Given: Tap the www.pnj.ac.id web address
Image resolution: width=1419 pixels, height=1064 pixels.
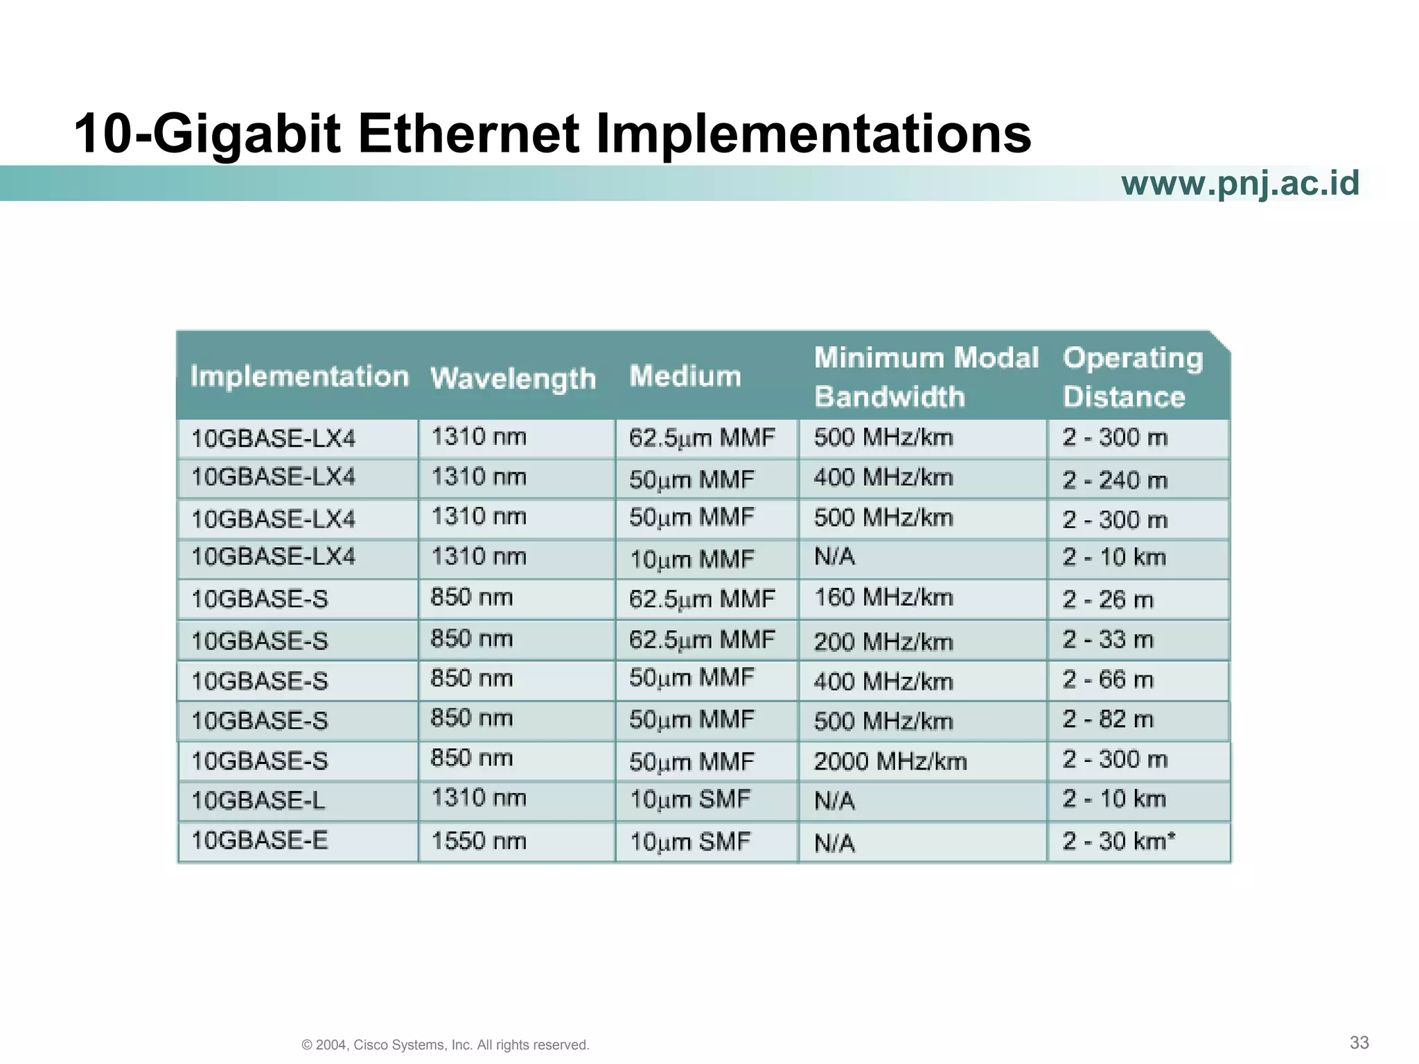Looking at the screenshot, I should [1240, 184].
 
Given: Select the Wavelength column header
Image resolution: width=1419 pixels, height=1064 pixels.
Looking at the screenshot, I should [513, 379].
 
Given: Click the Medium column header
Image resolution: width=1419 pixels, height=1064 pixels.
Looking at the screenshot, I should [685, 376].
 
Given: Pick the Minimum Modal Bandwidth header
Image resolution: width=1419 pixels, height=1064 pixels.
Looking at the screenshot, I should [926, 377].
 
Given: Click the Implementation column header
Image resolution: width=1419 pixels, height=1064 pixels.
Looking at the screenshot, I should [299, 376].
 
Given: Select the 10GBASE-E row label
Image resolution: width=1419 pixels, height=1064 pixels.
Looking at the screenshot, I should [259, 840].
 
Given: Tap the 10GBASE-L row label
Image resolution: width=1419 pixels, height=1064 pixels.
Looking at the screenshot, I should [258, 801].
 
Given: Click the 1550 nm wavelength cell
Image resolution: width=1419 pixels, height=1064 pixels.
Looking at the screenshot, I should [479, 841].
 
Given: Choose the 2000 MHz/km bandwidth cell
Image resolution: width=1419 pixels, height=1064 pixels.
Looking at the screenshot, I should [890, 761].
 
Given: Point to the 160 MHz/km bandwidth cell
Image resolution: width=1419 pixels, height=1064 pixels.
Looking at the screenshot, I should [883, 597].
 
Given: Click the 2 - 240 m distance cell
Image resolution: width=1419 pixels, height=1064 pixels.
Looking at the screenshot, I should [1115, 479].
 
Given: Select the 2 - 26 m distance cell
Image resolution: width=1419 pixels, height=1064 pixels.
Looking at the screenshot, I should [1107, 599].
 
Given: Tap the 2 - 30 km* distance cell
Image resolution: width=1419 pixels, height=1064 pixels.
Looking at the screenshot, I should [1118, 841].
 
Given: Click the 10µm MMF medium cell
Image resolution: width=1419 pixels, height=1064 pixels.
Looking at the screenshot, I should [691, 559].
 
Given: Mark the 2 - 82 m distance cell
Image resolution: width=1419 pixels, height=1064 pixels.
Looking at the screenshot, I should [1107, 720].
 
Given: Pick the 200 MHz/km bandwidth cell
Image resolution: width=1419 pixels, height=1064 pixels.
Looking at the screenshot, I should [883, 641].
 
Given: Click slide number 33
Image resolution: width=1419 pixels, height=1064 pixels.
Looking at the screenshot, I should [1359, 1043].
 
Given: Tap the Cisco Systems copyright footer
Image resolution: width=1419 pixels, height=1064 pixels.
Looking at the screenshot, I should [446, 1045].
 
